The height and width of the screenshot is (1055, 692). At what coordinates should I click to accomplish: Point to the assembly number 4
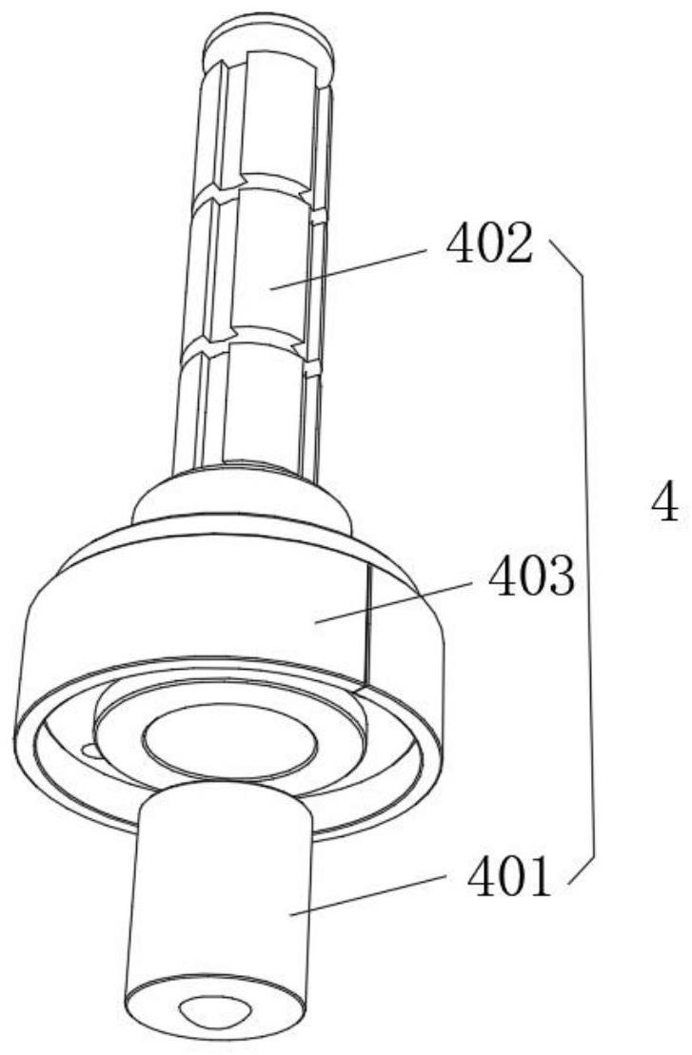tap(665, 502)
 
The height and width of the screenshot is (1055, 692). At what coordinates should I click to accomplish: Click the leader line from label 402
tap(348, 268)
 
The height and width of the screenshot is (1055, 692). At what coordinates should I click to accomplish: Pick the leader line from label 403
tap(392, 602)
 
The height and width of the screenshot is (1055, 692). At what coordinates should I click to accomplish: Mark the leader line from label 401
tap(368, 894)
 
